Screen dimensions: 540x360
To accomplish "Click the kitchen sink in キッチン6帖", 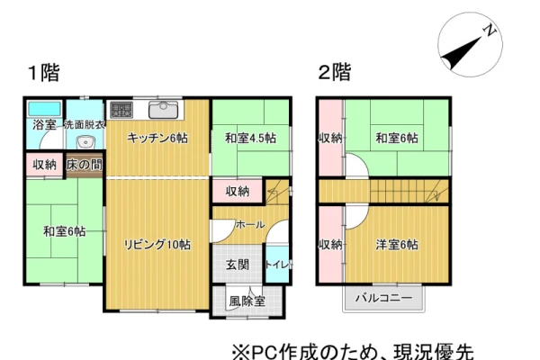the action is tap(163, 110).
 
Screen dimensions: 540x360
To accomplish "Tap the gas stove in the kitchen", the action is tap(121, 110).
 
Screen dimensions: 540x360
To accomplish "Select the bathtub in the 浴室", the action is tap(44, 109).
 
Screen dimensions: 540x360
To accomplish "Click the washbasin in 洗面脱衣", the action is tap(85, 142).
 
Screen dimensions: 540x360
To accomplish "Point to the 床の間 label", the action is tap(85, 165).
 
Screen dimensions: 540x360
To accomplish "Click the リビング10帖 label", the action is tap(157, 245).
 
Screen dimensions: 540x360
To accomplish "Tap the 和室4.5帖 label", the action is tap(250, 138).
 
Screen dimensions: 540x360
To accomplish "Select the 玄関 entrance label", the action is tap(238, 265).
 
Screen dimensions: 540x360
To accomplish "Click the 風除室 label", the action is tap(247, 301).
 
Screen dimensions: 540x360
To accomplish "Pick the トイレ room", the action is tap(277, 265).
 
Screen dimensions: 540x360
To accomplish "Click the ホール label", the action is tap(250, 225).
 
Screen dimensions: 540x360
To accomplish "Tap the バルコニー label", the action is tap(384, 297).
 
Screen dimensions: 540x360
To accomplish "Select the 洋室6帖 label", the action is tap(397, 245).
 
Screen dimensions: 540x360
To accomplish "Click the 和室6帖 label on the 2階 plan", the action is tap(397, 138).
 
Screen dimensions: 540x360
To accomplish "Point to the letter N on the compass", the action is tap(490, 31).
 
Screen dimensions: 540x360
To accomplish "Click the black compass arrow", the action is tap(462, 53).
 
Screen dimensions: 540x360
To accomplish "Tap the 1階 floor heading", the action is tap(44, 73).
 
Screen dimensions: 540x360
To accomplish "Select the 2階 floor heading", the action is tap(335, 72).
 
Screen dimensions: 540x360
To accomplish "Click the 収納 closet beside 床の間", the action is tap(44, 165).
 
